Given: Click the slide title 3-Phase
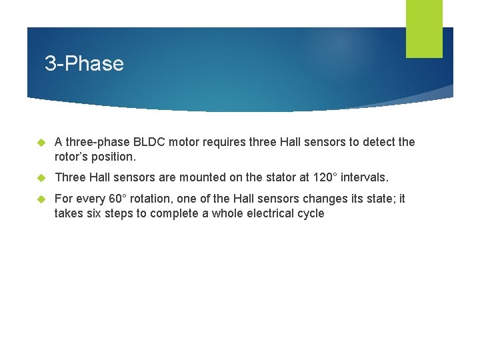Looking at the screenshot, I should pyautogui.click(x=84, y=64).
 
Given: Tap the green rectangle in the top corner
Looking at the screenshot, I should pyautogui.click(x=424, y=29).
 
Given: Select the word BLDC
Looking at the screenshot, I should pyautogui.click(x=151, y=142).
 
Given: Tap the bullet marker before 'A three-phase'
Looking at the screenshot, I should pyautogui.click(x=40, y=143).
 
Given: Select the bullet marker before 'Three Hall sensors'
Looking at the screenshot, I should pyautogui.click(x=40, y=178).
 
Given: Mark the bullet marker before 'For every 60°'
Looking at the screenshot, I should pyautogui.click(x=40, y=199).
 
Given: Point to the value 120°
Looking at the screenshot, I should pyautogui.click(x=325, y=177).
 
